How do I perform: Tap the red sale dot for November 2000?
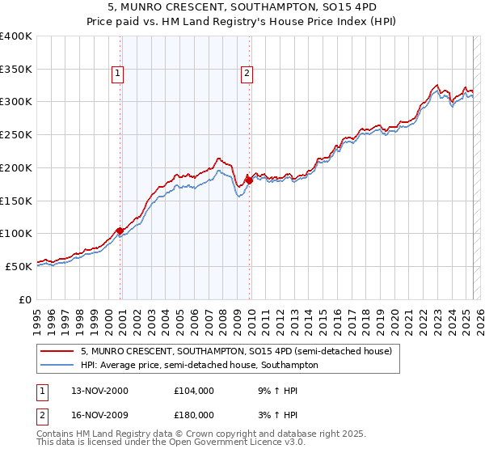click(x=120, y=231)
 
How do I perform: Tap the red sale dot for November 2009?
click(x=249, y=180)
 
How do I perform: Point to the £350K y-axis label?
click(x=16, y=70)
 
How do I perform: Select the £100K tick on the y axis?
click(x=16, y=233)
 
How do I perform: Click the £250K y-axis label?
click(x=16, y=135)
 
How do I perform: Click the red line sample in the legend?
click(x=57, y=351)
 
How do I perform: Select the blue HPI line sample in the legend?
click(x=57, y=365)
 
